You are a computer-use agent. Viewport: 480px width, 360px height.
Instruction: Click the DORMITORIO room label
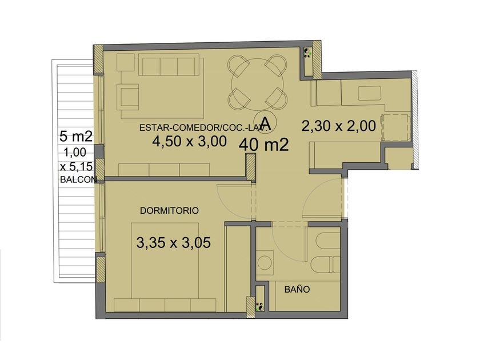pyautogui.click(x=169, y=211)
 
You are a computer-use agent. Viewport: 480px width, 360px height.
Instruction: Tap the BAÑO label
pyautogui.click(x=297, y=289)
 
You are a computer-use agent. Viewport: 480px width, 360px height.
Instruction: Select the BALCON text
pyautogui.click(x=78, y=179)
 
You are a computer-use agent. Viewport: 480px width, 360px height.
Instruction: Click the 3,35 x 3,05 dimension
pyautogui.click(x=174, y=243)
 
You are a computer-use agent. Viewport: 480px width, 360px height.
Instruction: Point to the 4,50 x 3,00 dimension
pyautogui.click(x=190, y=141)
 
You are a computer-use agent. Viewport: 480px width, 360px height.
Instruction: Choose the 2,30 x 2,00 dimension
pyautogui.click(x=338, y=126)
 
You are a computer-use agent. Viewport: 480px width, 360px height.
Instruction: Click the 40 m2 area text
pyautogui.click(x=263, y=145)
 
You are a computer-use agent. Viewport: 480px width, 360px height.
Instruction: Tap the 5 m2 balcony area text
pyautogui.click(x=76, y=136)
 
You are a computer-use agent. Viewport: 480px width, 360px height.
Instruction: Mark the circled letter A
pyautogui.click(x=265, y=122)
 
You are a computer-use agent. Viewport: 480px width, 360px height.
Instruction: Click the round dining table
pyautogui.click(x=258, y=85)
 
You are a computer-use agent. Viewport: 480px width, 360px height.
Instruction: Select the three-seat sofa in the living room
pyautogui.click(x=169, y=64)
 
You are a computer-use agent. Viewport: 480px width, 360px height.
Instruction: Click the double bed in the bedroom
pyautogui.click(x=165, y=260)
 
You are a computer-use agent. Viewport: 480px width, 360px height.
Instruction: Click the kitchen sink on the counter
pyautogui.click(x=370, y=93)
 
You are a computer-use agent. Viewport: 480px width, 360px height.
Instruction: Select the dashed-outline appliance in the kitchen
pyautogui.click(x=395, y=127)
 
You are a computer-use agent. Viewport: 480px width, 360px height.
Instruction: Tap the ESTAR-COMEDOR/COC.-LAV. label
pyautogui.click(x=205, y=127)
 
